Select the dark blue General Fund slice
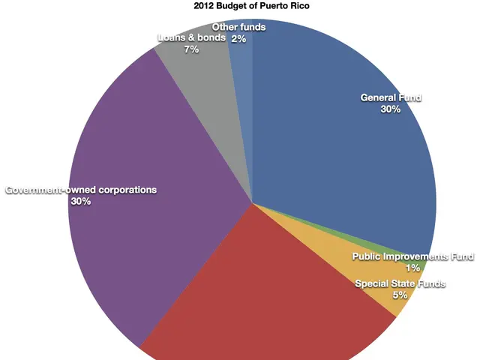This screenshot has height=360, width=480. point(337,165)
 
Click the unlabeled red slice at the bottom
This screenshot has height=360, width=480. point(262,300)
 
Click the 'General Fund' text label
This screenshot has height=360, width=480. point(391,97)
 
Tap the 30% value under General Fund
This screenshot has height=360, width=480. point(391,109)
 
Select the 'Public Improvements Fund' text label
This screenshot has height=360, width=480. point(412,257)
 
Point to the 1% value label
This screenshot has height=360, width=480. point(412,268)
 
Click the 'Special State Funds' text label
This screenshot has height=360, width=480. point(400,283)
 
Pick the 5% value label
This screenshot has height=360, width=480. point(400,295)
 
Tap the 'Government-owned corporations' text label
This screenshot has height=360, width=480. point(81,190)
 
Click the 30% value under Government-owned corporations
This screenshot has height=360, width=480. point(81,202)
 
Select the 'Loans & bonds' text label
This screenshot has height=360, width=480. point(191,37)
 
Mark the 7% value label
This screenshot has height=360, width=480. point(191,49)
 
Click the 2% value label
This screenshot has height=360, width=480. point(239,39)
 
